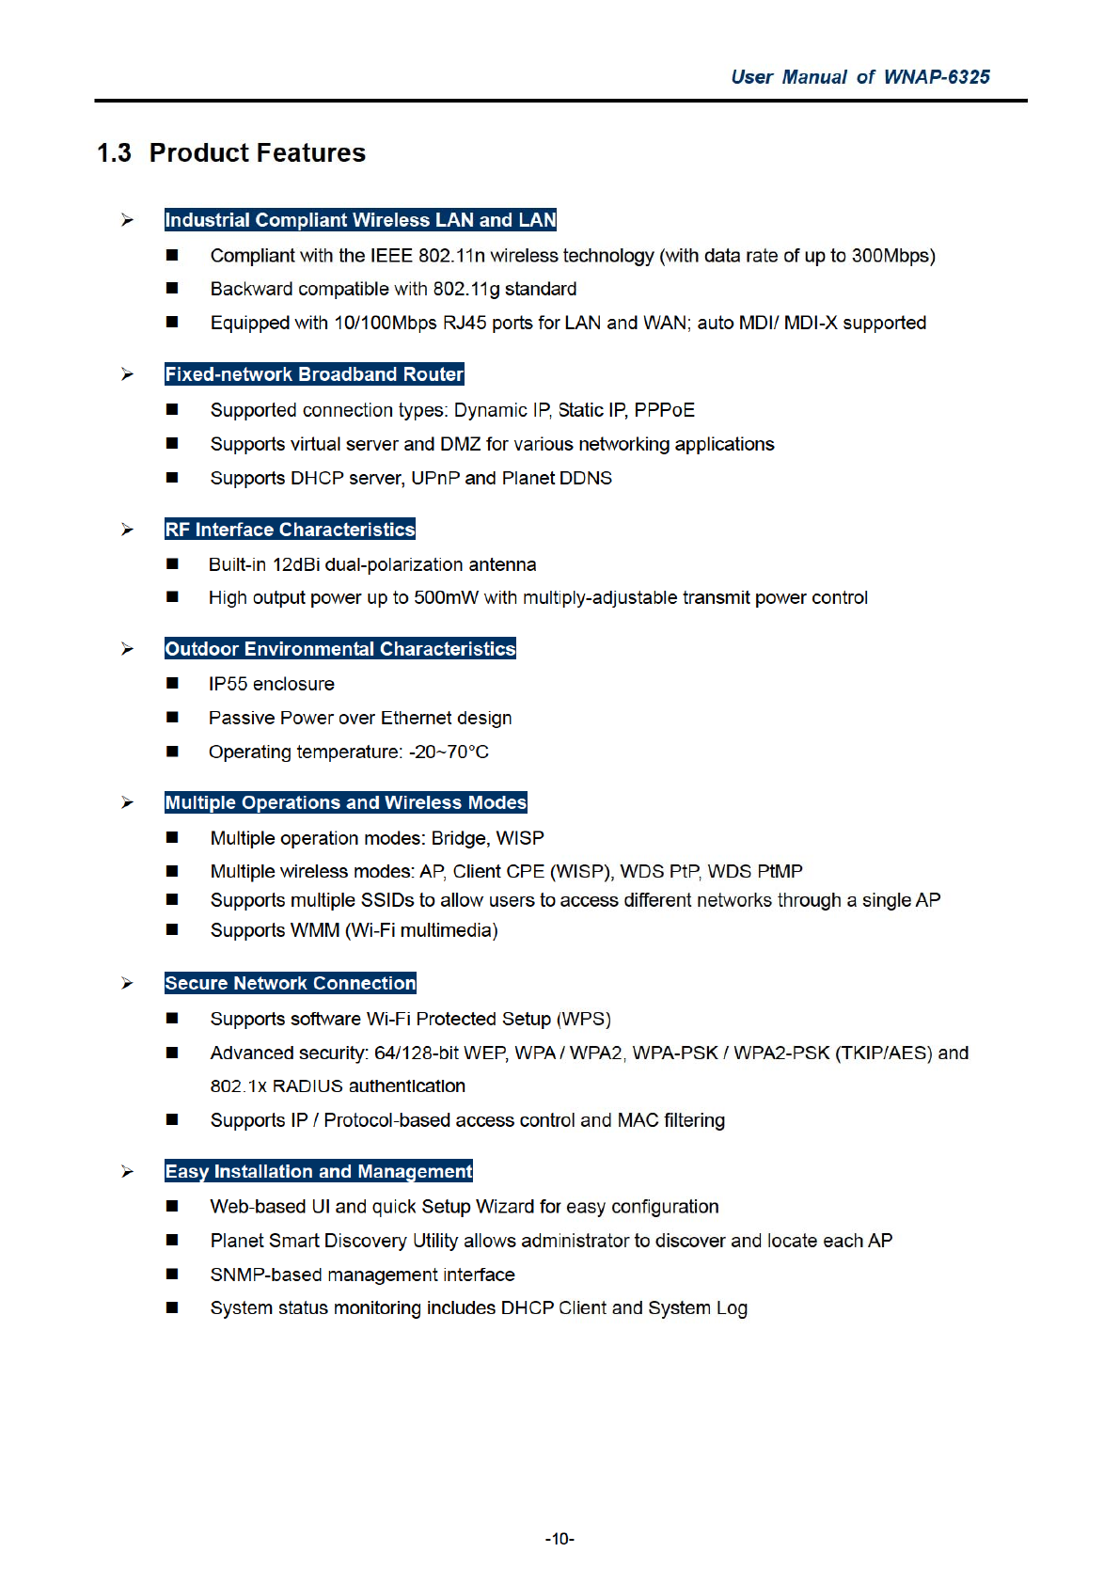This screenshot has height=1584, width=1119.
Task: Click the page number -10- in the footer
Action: (x=559, y=1539)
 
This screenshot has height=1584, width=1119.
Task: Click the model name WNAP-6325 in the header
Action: (x=937, y=77)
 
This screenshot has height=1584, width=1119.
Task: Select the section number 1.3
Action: (x=114, y=153)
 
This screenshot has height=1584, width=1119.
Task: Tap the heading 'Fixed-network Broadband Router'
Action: (x=314, y=374)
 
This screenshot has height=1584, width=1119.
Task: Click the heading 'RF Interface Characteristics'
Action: (x=290, y=530)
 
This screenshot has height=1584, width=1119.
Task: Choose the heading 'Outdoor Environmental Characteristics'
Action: (x=339, y=649)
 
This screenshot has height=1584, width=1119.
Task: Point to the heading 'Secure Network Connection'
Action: (x=290, y=983)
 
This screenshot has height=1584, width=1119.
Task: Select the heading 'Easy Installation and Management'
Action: (x=318, y=1171)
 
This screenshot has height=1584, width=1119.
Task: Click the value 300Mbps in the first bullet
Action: (x=892, y=256)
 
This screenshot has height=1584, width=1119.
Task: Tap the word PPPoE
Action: (x=665, y=410)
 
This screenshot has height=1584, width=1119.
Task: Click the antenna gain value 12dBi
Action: (x=297, y=564)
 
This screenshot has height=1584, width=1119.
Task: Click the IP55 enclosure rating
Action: (x=228, y=684)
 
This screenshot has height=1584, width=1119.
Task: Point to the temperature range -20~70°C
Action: (x=449, y=752)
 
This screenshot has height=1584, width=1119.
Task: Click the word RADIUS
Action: (x=307, y=1086)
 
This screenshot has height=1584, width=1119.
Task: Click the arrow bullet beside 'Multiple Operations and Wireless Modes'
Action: (x=127, y=802)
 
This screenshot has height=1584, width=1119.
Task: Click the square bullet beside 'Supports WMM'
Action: (x=172, y=930)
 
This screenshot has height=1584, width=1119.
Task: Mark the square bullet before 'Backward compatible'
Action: (x=172, y=289)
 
